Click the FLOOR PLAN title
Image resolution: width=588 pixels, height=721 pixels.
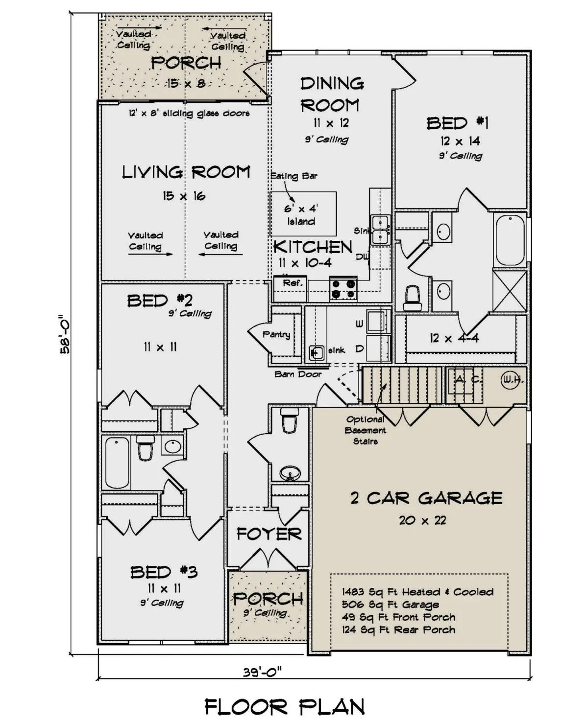pyautogui.click(x=285, y=707)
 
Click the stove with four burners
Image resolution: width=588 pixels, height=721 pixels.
pyautogui.click(x=343, y=288)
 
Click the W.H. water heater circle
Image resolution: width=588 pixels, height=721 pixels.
pyautogui.click(x=512, y=379)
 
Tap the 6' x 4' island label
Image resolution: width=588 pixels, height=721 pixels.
pyautogui.click(x=301, y=215)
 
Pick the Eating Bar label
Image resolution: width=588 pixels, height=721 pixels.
pyautogui.click(x=294, y=176)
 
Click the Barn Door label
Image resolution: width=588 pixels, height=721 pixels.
pyautogui.click(x=298, y=374)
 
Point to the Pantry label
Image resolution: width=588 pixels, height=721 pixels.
pyautogui.click(x=276, y=335)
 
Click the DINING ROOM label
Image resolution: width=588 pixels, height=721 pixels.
pyautogui.click(x=332, y=94)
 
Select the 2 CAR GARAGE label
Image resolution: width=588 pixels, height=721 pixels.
pyautogui.click(x=426, y=498)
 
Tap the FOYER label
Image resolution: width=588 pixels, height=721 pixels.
pyautogui.click(x=269, y=534)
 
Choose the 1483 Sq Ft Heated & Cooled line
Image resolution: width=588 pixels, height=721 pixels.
pyautogui.click(x=417, y=592)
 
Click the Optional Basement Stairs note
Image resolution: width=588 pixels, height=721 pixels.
pyautogui.click(x=366, y=430)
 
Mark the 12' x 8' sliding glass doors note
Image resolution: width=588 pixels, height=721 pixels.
pyautogui.click(x=189, y=114)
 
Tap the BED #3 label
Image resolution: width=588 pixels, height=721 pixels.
pyautogui.click(x=164, y=572)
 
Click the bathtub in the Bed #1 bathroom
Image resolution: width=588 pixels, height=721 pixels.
pyautogui.click(x=510, y=241)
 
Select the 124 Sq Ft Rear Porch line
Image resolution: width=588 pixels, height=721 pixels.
pyautogui.click(x=398, y=630)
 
